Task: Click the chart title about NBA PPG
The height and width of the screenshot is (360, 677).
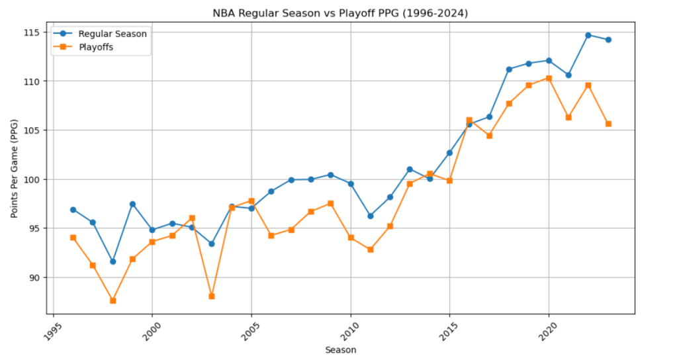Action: [341, 13]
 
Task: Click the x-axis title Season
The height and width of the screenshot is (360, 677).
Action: [341, 349]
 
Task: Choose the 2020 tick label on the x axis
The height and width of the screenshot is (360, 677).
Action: [544, 332]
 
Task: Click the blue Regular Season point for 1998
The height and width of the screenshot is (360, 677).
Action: [113, 261]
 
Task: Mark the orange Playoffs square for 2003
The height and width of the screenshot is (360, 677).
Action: [212, 296]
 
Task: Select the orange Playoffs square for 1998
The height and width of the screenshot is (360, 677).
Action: [113, 300]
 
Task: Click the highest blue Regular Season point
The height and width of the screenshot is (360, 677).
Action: [588, 35]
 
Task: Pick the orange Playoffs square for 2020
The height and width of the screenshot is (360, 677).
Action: [549, 78]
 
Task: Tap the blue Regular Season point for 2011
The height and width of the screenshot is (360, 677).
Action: [370, 216]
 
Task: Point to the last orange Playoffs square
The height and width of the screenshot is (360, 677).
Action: [608, 124]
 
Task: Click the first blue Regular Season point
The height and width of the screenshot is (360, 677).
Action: [73, 210]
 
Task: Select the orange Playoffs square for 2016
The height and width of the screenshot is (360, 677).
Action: [469, 120]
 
